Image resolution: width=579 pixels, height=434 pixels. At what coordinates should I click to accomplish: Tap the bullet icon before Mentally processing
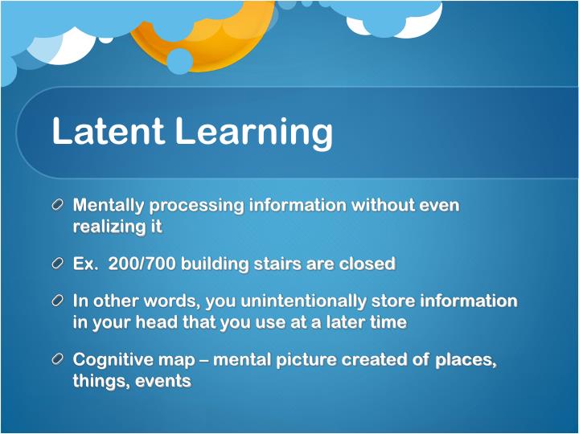[58, 205]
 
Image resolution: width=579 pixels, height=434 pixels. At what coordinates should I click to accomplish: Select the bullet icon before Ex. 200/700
[58, 264]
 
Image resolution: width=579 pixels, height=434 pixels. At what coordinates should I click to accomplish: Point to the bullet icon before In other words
[58, 301]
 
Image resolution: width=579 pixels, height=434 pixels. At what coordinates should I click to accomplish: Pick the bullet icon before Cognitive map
[58, 360]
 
